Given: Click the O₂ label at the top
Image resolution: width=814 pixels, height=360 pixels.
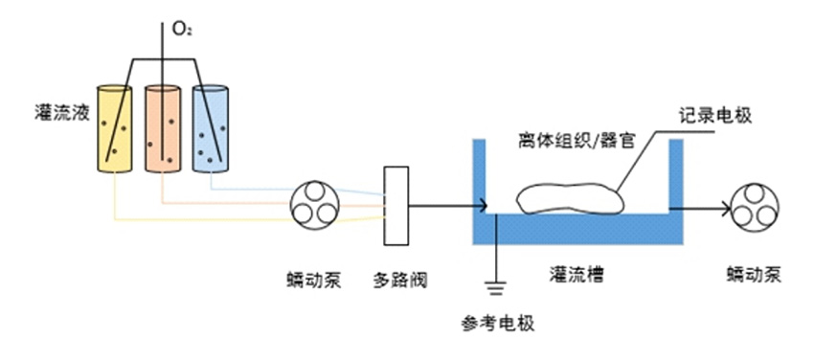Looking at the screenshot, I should tap(182, 29).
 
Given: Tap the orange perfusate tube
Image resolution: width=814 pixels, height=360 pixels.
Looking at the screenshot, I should tap(163, 129).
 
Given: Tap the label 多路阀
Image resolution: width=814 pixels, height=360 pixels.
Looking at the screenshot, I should tap(399, 281).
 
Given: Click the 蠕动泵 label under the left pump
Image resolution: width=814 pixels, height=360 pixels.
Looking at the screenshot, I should tap(313, 281).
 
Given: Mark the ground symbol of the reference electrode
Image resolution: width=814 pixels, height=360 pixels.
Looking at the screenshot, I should tap(496, 284).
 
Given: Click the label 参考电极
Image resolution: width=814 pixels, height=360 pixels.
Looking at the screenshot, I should tap(498, 323).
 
